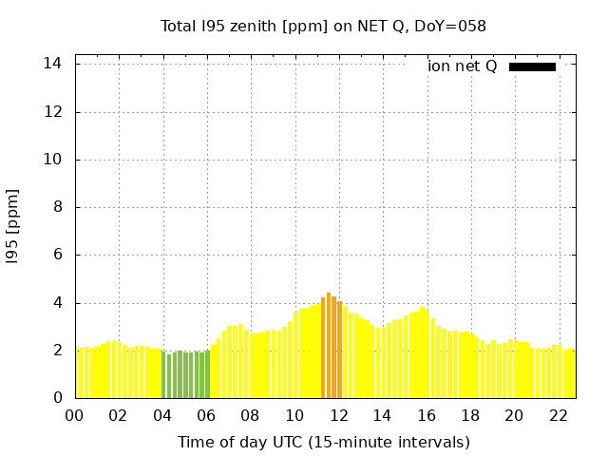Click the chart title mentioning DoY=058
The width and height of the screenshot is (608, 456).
point(323,27)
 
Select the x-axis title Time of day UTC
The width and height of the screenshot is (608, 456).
point(323,443)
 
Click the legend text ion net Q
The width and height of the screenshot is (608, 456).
point(462,66)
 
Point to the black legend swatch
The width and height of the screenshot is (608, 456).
point(532,66)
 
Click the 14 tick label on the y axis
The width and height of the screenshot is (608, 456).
point(53,64)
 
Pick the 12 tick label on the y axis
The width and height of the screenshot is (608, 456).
point(53,111)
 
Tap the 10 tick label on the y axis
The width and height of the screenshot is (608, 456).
point(53,160)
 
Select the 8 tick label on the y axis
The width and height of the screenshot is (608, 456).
point(58,207)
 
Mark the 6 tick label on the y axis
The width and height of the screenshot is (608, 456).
point(58,255)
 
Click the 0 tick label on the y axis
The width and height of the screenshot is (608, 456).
point(58,398)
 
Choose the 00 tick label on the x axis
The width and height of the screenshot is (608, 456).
point(74,415)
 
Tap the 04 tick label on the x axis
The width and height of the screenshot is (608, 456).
point(162,415)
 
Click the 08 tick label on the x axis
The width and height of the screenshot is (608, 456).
point(250,415)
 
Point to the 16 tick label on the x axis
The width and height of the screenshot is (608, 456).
point(426,415)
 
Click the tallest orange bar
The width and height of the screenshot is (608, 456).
point(329,346)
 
